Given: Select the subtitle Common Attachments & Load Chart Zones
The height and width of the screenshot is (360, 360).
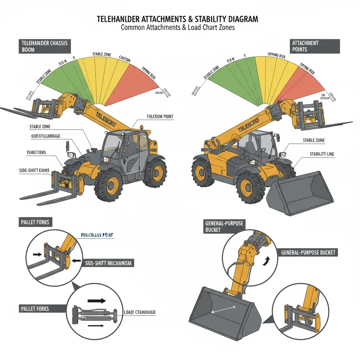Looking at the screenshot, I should [178, 27].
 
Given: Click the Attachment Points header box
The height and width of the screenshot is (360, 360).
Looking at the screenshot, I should [315, 46].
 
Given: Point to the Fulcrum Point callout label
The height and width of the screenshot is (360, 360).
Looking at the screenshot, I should [160, 116].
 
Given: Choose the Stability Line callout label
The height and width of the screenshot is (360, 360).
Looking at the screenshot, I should [322, 154].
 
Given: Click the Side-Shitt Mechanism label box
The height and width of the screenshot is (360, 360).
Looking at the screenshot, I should [109, 263].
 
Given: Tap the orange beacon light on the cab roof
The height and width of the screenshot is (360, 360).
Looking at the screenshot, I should [142, 127].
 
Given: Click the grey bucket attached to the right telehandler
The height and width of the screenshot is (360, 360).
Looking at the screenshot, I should [301, 192].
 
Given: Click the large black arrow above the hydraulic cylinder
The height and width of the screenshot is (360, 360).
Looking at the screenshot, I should [97, 301].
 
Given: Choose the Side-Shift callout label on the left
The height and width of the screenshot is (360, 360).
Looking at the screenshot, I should [33, 170].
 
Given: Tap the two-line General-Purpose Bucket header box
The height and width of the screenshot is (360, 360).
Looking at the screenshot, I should [224, 227].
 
